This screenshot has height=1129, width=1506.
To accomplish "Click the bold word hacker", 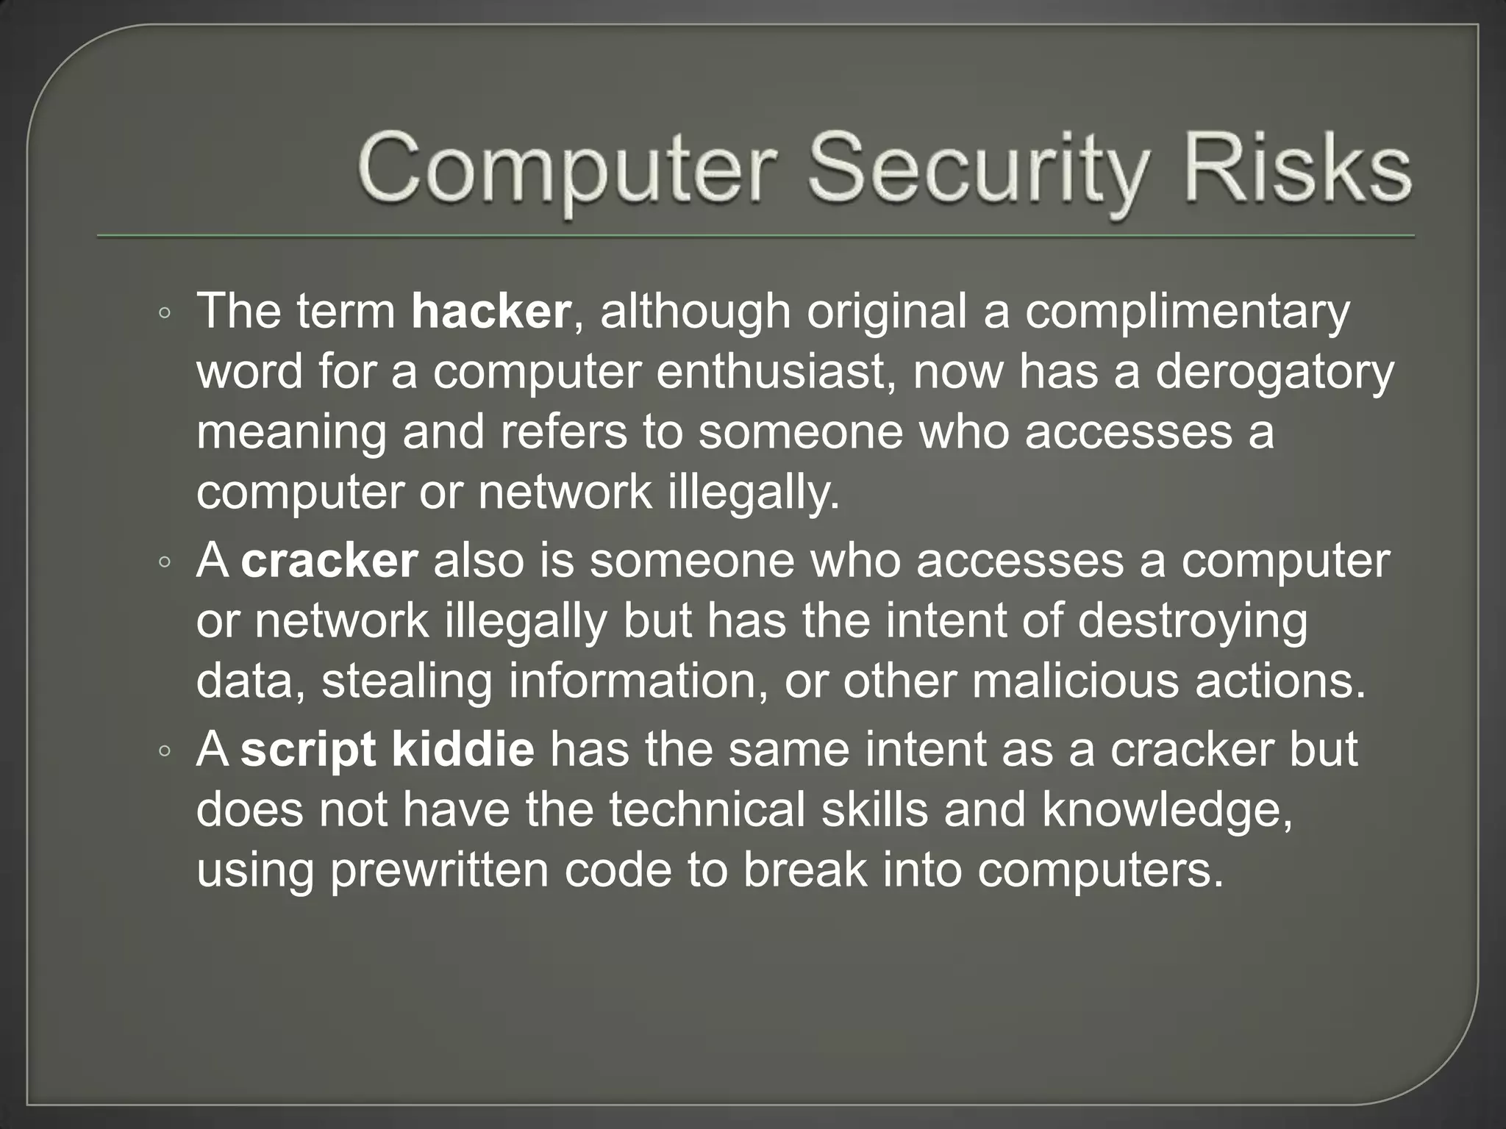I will click(x=490, y=311).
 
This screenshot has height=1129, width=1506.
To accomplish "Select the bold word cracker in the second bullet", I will click(x=329, y=562).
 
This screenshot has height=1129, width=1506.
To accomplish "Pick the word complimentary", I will click(x=1187, y=312).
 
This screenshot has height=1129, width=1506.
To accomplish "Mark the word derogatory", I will click(x=1274, y=373).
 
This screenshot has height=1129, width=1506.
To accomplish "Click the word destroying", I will click(x=1193, y=623).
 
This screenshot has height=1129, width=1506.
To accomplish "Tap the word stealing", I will click(x=407, y=682).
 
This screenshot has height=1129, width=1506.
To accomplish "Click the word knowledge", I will click(x=1166, y=811).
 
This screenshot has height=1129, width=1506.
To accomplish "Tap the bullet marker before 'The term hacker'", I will click(x=165, y=314).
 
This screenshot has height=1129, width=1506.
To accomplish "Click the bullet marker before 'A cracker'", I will click(x=165, y=564).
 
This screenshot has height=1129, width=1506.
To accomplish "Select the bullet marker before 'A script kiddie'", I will click(x=165, y=752).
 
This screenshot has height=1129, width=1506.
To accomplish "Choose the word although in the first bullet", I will click(x=695, y=312).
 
